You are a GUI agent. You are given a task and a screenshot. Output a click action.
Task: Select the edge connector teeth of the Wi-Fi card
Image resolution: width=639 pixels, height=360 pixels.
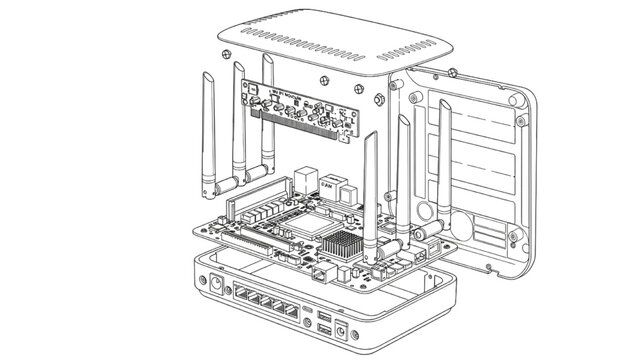click(x=300, y=125)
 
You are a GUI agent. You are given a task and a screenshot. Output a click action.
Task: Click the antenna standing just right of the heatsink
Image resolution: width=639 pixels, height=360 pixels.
click(x=369, y=190)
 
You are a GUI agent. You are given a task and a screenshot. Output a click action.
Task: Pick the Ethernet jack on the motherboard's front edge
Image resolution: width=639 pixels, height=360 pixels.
click(x=318, y=269)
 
